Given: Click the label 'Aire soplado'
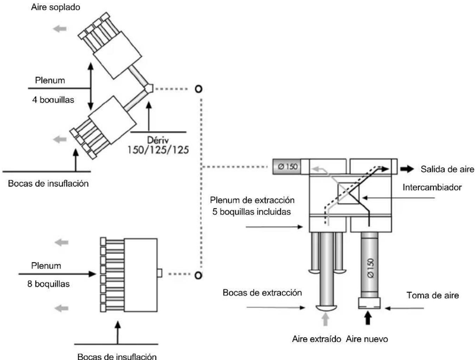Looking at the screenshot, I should tap(56, 7).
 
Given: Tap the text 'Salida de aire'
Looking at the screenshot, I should tap(447, 169).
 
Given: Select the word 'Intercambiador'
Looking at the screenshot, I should tap(432, 187).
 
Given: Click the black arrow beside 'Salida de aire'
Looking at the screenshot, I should tap(407, 169).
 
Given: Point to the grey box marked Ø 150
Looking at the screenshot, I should tap(287, 166).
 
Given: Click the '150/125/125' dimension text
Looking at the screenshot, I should tap(158, 150).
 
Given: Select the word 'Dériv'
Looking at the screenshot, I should tap(158, 140).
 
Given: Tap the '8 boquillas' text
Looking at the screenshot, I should tap(49, 284).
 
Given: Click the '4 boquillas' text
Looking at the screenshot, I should tap(53, 100).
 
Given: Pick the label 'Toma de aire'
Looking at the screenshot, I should tap(433, 295).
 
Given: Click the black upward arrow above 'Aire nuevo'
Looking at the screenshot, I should tap(368, 318).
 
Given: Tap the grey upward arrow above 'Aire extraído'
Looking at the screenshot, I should tap(326, 319).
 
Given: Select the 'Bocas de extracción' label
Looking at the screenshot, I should tap(262, 293).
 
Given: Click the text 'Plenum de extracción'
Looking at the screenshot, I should tap(252, 200).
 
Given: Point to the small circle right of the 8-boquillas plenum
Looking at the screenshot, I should tap(198, 275).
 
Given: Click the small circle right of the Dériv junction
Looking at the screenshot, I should tap(199, 89).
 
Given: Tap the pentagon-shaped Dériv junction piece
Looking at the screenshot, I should tap(149, 88).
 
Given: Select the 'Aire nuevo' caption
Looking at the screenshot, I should tap(367, 339).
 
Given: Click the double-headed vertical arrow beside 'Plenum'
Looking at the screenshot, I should tap(91, 87).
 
